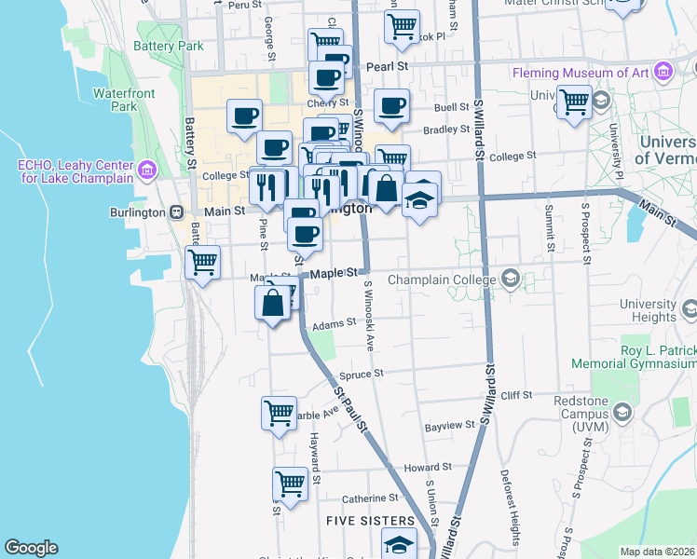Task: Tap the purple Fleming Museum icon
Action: (x=663, y=71)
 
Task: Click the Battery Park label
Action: (x=169, y=46)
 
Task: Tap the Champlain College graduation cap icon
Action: (x=510, y=279)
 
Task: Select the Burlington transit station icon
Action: (x=176, y=211)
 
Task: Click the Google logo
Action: (x=31, y=548)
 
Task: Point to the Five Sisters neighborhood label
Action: (x=371, y=520)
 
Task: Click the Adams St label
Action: (x=335, y=324)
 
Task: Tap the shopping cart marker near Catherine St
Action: (x=291, y=484)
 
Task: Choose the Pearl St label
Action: (x=388, y=67)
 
